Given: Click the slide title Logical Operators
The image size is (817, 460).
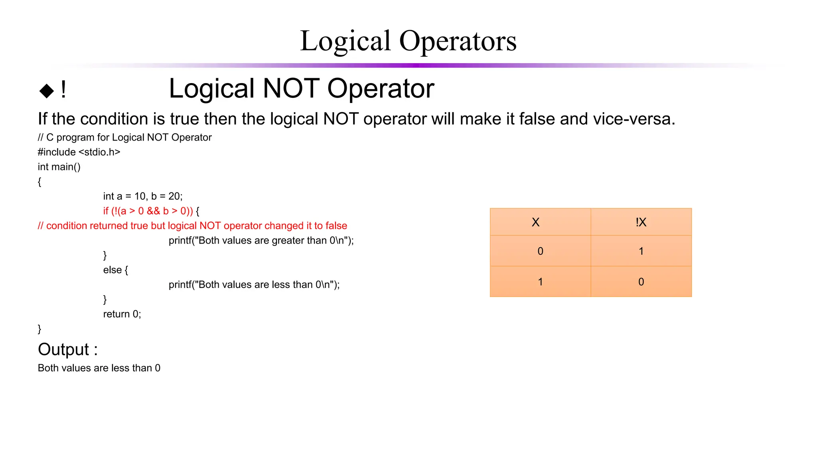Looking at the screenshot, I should point(408,41).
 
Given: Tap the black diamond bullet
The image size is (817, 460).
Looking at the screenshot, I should point(47,91).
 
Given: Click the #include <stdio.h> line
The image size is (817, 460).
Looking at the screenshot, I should point(79,152).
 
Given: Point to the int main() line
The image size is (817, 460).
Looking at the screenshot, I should point(59,167).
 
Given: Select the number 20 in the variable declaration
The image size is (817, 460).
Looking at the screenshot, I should point(174,196).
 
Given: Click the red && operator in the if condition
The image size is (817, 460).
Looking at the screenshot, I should point(153,211).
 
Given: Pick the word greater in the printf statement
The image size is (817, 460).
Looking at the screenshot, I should point(288,240).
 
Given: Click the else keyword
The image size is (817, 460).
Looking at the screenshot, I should point(112,270).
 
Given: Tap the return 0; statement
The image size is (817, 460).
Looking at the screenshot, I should point(122,314).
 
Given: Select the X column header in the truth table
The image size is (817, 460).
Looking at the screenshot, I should point(535,222).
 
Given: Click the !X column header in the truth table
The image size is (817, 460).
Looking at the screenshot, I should point(641,222).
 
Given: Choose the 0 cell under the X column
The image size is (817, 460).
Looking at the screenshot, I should point(540,251).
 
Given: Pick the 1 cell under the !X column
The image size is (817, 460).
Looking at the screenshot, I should point(641,251).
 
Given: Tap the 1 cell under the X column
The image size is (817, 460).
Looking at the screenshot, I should point(540,282).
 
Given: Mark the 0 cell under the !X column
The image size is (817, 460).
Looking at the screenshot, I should point(641,282).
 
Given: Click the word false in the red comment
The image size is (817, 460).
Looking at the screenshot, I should point(336,226).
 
